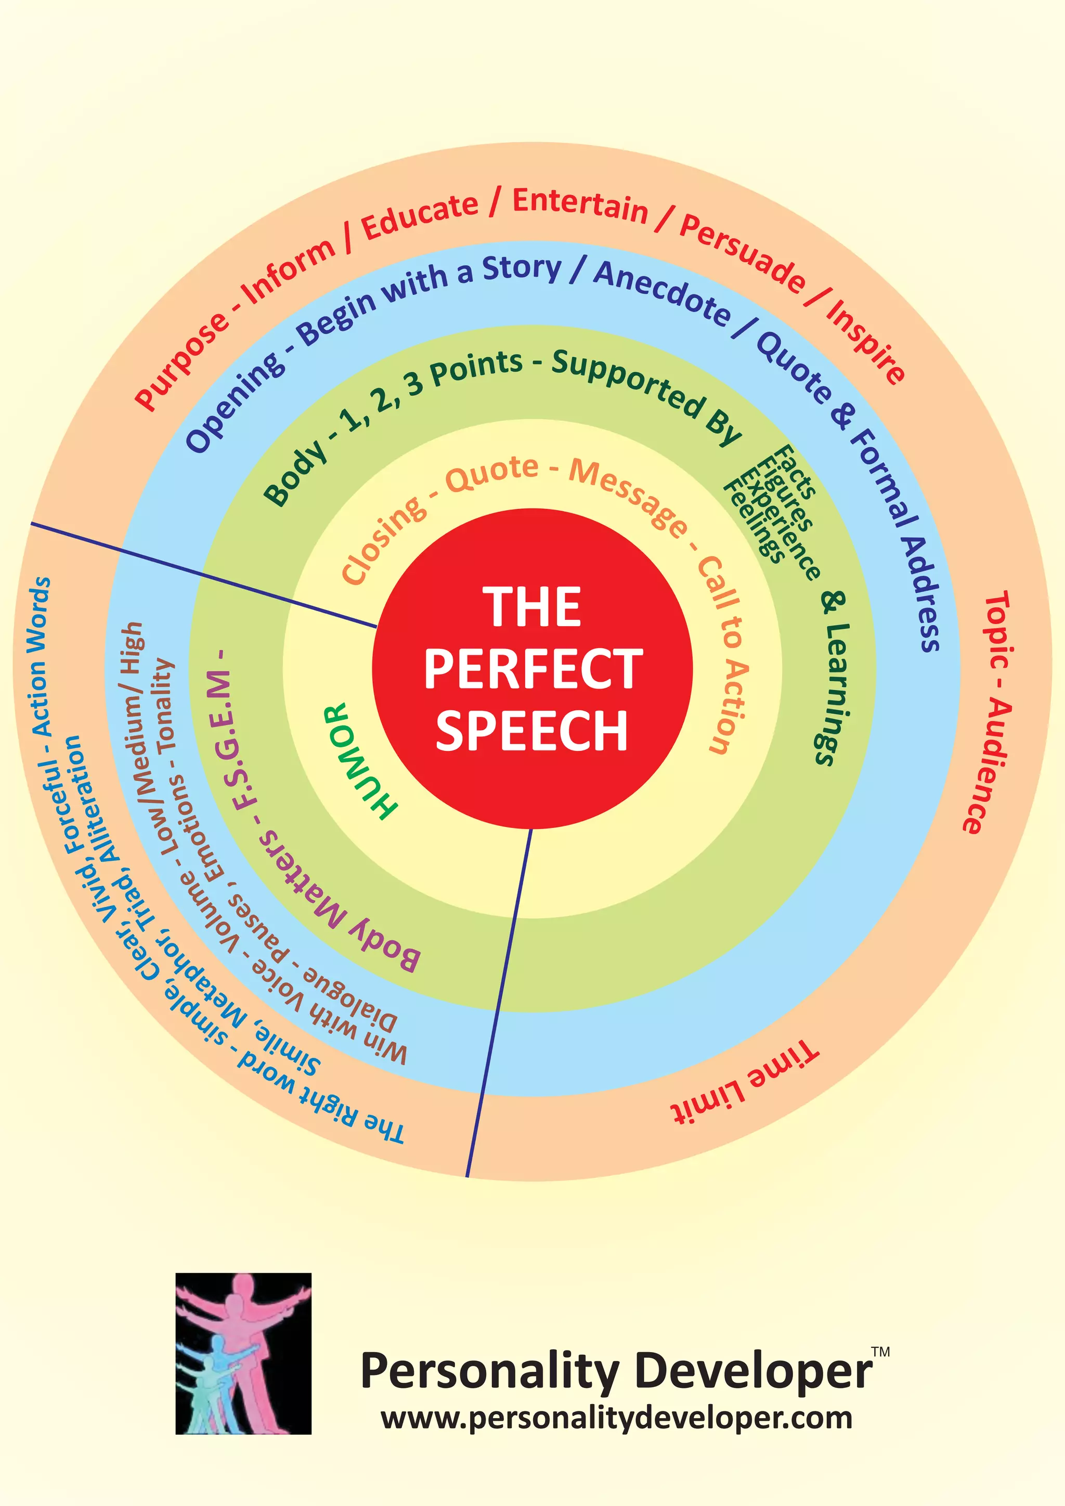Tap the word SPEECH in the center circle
[x=532, y=730]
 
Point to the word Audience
[x=988, y=765]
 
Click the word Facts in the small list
[x=796, y=471]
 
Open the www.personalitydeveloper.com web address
[x=616, y=1419]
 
